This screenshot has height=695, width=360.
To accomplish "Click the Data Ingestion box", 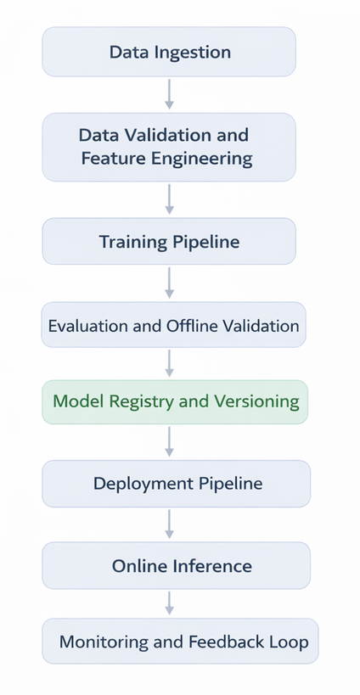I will tap(169, 52).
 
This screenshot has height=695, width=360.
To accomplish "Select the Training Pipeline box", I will tap(169, 241).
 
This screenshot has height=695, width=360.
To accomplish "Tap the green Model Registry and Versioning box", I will tap(175, 401).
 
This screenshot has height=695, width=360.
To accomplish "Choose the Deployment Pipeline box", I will tap(177, 484).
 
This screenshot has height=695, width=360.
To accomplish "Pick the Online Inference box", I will tap(177, 566).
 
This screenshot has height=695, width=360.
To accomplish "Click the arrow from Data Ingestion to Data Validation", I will tap(169, 94).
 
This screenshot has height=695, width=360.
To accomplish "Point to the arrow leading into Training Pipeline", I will tap(169, 199).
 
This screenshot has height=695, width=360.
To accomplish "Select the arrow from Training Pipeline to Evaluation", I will tap(169, 283).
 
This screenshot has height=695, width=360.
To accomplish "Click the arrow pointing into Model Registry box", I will tap(169, 362).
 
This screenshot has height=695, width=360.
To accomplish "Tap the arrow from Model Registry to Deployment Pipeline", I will tap(169, 441).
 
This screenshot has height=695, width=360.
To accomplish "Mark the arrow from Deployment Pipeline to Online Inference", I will tap(169, 524).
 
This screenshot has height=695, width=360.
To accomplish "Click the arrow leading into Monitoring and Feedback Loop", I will tap(169, 603).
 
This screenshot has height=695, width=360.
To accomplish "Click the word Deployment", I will tap(143, 485).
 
